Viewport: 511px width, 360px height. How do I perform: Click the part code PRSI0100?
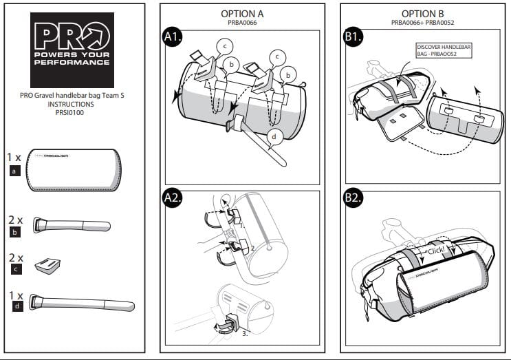click(x=72, y=112)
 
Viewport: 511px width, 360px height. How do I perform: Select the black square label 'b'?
click(x=14, y=233)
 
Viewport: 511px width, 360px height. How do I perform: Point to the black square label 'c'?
click(x=14, y=270)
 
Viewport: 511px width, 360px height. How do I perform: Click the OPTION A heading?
click(x=242, y=14)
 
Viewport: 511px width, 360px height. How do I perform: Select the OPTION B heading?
click(x=422, y=14)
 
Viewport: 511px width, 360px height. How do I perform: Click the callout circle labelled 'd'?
click(x=274, y=137)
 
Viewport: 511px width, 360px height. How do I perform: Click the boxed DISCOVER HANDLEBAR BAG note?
click(x=444, y=50)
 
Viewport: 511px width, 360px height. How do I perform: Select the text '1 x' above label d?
click(x=14, y=295)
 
